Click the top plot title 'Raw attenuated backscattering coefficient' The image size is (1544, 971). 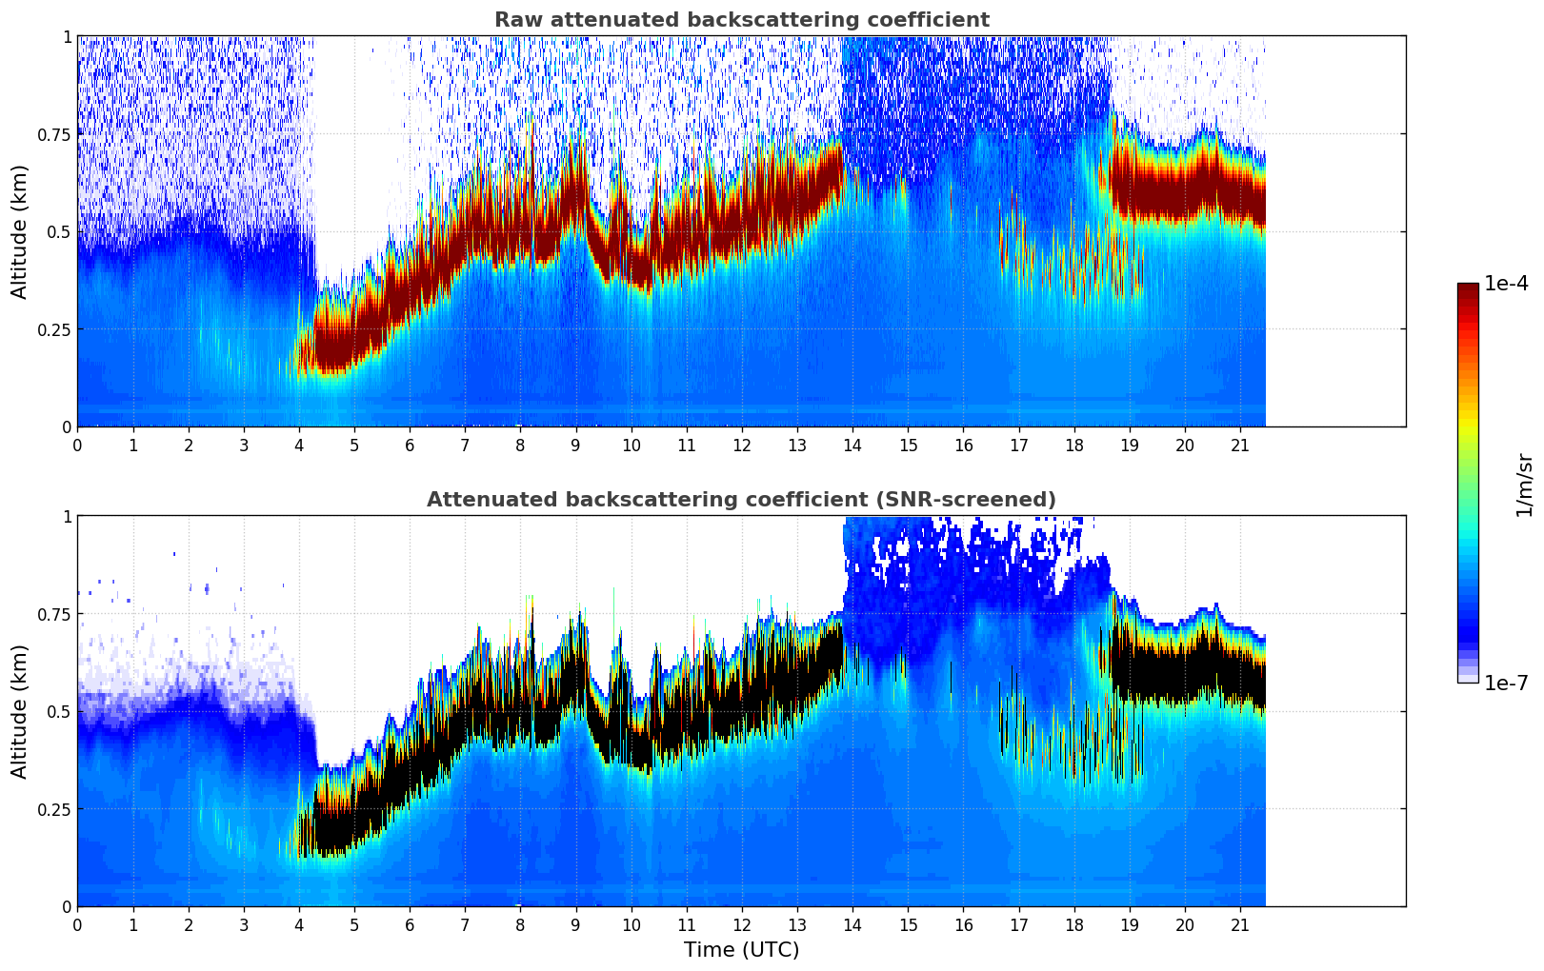click(x=741, y=20)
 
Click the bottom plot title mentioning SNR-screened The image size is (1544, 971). click(x=741, y=500)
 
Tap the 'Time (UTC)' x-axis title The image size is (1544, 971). click(x=741, y=950)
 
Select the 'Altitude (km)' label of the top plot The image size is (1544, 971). click(x=20, y=231)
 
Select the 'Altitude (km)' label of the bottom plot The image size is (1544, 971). click(x=20, y=711)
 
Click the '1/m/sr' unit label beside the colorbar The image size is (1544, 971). click(x=1523, y=485)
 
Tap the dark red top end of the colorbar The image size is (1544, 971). click(x=1468, y=288)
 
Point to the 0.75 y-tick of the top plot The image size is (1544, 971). click(x=53, y=134)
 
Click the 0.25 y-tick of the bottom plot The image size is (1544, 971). click(x=53, y=809)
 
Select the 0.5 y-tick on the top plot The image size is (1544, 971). click(x=59, y=232)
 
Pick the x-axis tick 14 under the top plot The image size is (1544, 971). click(x=852, y=445)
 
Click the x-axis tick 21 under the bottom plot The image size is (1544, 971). click(x=1240, y=924)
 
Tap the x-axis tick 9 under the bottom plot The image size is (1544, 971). click(x=575, y=924)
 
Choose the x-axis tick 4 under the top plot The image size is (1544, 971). click(x=299, y=445)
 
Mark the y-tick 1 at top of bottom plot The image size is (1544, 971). click(x=67, y=517)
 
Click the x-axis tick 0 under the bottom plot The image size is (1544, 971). click(x=77, y=924)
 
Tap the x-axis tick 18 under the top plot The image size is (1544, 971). click(x=1074, y=445)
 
